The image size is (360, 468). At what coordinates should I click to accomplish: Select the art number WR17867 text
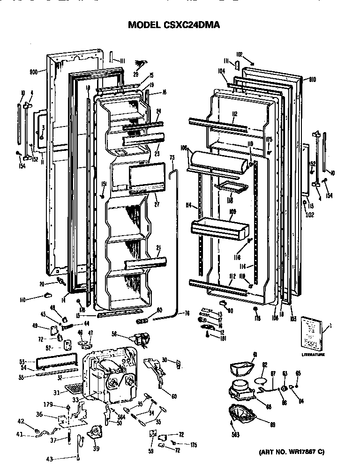tap(291, 452)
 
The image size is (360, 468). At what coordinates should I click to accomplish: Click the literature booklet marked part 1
tap(311, 333)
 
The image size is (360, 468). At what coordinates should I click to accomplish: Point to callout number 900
tap(34, 72)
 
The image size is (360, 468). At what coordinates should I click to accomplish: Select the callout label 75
tap(172, 158)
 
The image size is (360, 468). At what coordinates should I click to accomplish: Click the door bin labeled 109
tap(218, 228)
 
